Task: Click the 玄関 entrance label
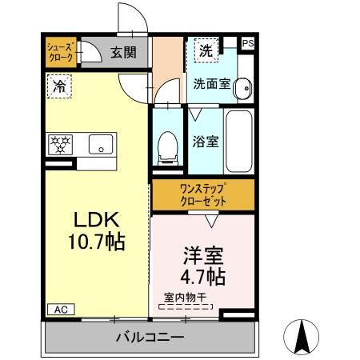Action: [x=123, y=53]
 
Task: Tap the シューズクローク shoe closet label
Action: [x=60, y=52]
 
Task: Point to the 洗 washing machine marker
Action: [x=206, y=50]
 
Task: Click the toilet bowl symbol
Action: [x=168, y=144]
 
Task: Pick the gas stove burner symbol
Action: [x=60, y=145]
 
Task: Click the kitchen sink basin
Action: [x=101, y=145]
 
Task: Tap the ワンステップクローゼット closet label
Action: [x=203, y=194]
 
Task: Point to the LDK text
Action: [x=97, y=219]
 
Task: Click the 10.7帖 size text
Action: [x=97, y=242]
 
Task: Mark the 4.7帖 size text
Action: [x=203, y=278]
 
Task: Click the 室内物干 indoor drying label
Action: [x=185, y=298]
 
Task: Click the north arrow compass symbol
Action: [x=305, y=335]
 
